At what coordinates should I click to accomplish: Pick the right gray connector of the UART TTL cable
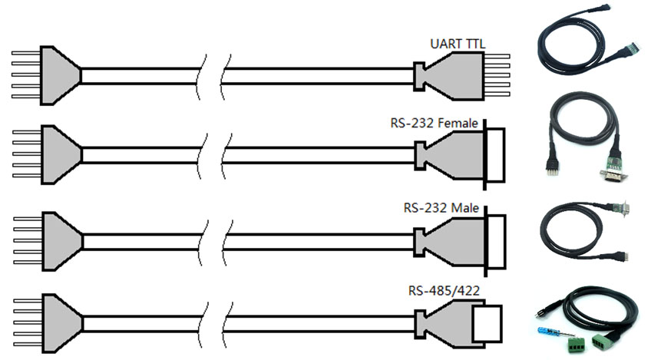444,76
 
